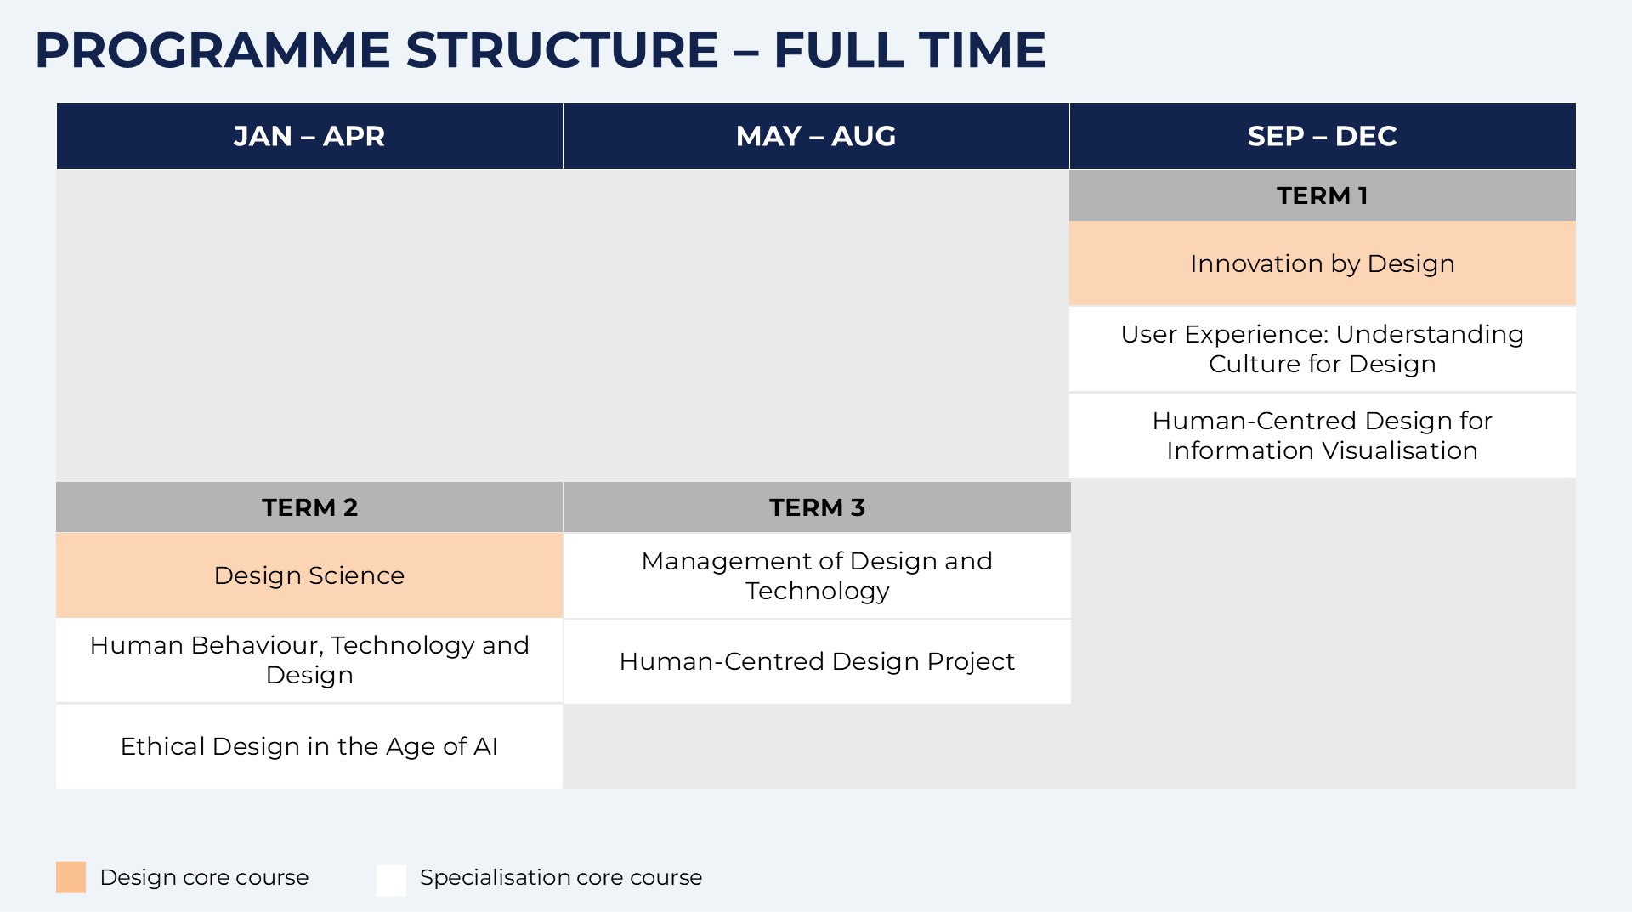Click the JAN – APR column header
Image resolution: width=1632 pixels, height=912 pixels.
click(x=309, y=136)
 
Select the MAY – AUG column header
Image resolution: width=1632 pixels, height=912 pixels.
click(x=816, y=136)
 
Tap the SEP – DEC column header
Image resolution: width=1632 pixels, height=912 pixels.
click(x=1323, y=136)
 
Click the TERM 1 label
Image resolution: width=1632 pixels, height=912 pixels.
click(x=1323, y=195)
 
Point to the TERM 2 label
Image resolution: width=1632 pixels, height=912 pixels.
click(x=309, y=507)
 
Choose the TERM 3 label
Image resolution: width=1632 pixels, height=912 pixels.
click(x=817, y=507)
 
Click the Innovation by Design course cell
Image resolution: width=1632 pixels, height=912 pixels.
click(x=1323, y=263)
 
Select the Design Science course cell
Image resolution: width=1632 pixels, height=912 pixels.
click(x=309, y=575)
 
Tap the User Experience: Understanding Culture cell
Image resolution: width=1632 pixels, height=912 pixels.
click(x=1323, y=349)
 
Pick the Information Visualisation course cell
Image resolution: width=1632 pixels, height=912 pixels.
click(x=1323, y=436)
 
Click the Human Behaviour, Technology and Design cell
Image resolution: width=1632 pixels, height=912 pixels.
click(x=309, y=660)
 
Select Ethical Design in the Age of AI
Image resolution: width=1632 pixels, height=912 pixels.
click(x=309, y=746)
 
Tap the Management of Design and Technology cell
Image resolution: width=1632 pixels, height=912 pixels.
click(x=817, y=575)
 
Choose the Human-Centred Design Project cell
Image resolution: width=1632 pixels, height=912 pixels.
click(x=817, y=661)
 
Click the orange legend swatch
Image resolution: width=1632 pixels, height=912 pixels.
click(x=71, y=877)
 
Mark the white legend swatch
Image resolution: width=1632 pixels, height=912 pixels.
click(x=392, y=880)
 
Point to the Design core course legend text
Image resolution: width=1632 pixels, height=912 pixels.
click(x=204, y=877)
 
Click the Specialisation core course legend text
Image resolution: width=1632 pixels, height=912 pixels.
click(x=561, y=877)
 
